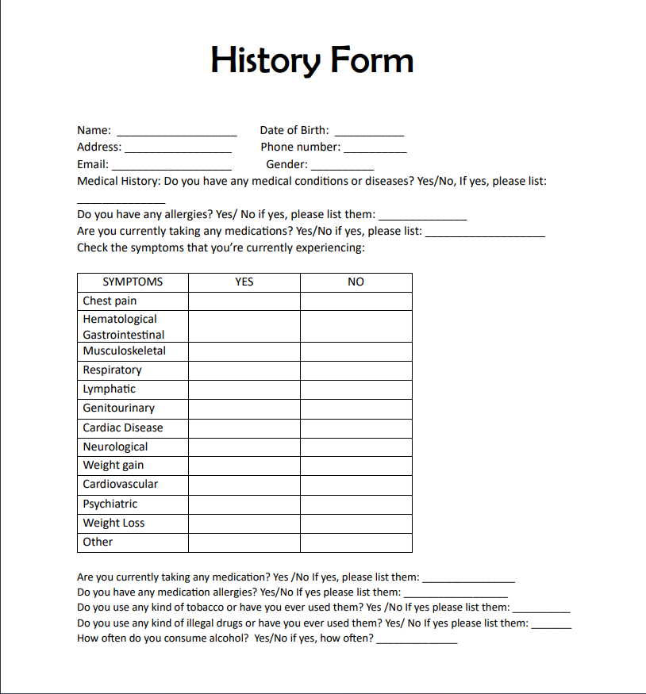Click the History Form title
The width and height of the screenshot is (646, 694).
coord(312,61)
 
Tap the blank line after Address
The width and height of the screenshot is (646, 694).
coord(178,149)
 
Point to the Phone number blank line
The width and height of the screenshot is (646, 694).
coord(375,149)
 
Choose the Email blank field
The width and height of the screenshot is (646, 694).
coord(171,167)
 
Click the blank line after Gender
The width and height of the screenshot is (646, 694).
coord(342,167)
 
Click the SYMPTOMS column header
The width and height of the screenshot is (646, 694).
coord(133,282)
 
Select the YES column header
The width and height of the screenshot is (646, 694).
coord(244,282)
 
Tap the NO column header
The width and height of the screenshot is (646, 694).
coord(356,282)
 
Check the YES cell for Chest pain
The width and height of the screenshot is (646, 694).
coord(244,301)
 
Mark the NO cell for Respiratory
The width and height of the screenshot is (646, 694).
coord(356,370)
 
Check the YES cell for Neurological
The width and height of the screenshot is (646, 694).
coord(244,447)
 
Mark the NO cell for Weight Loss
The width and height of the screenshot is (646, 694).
coord(356,523)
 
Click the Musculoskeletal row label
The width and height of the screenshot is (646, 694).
coord(125,351)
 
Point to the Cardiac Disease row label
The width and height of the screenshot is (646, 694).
coord(123,428)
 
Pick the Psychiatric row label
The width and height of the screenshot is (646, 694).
coord(110,504)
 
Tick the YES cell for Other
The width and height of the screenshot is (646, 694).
coord(244,543)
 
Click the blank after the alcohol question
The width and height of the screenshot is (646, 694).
coord(417,639)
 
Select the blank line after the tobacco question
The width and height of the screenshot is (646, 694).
coord(541,609)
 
